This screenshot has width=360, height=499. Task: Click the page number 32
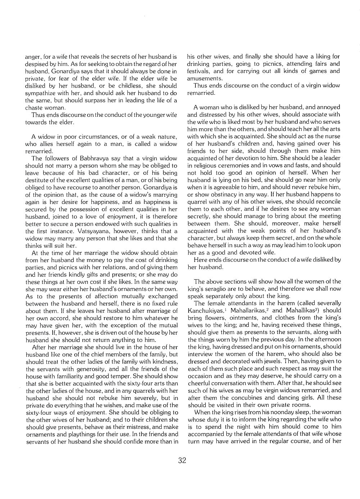(182, 460)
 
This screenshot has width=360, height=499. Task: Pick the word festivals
(198, 71)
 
